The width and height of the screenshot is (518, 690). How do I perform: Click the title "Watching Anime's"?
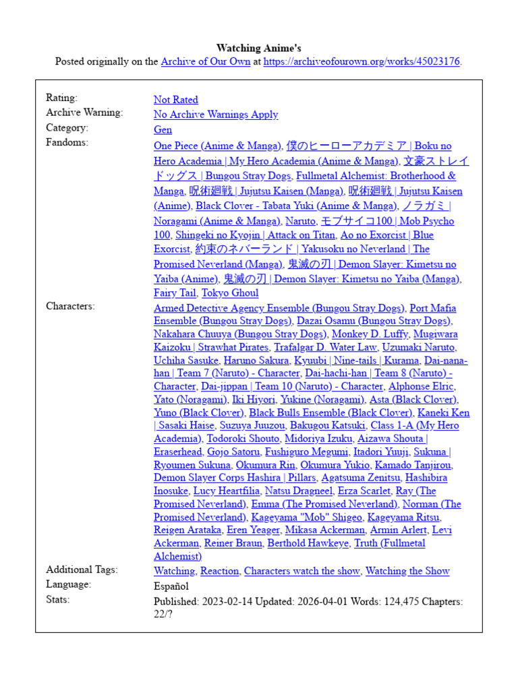[259, 48]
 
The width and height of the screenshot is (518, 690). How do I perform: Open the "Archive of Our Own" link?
[205, 61]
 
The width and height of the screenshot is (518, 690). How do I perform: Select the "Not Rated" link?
[175, 100]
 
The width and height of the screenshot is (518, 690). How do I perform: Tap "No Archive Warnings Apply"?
[216, 115]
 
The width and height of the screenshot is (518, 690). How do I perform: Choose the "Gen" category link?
[163, 129]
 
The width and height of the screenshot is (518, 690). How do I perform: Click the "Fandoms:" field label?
[67, 142]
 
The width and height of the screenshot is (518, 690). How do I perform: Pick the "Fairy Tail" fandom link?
[175, 293]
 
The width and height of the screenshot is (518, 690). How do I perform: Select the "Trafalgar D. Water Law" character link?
[325, 347]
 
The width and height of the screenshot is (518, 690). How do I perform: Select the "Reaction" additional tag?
[220, 571]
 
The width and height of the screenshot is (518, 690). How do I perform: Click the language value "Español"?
[171, 586]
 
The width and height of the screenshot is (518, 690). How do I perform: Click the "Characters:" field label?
[70, 306]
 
